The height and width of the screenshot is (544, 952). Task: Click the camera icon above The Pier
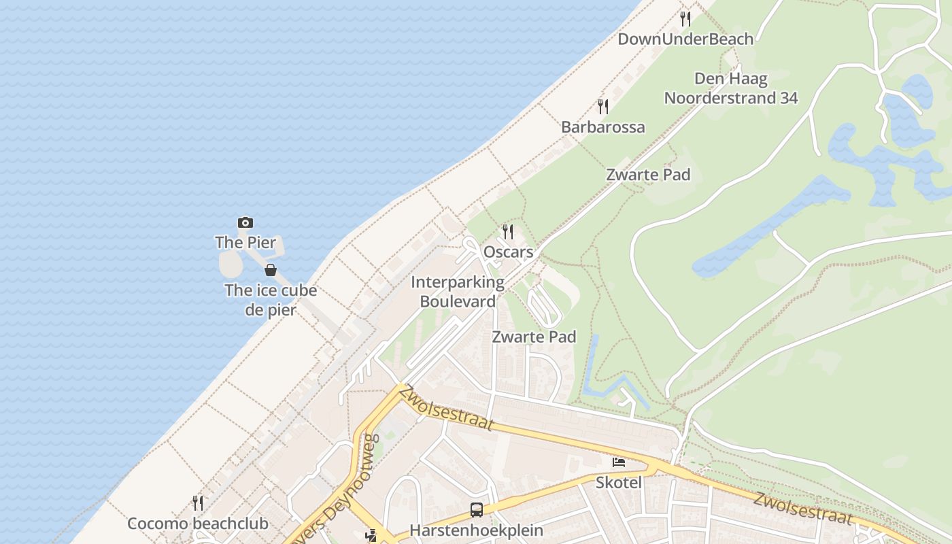click(x=245, y=222)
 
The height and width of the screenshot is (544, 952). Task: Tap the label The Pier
click(x=245, y=242)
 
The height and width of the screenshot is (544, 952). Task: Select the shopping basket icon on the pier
click(x=271, y=270)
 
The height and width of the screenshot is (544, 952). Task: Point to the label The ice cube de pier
click(x=271, y=300)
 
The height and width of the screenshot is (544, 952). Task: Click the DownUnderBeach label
click(x=685, y=39)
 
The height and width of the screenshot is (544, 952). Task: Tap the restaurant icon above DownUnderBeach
click(x=685, y=18)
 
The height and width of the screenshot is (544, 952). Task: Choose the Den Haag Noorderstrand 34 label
click(x=731, y=88)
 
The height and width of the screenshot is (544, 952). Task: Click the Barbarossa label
click(x=602, y=127)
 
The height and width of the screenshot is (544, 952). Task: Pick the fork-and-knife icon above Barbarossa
click(x=602, y=106)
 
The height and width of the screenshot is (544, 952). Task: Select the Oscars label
click(x=508, y=252)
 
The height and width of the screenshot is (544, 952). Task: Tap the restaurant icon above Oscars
click(x=508, y=232)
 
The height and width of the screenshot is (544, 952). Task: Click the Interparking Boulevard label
click(x=458, y=292)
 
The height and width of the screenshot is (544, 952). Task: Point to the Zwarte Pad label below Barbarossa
click(x=648, y=175)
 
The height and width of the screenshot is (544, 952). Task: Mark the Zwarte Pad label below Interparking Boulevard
click(x=534, y=337)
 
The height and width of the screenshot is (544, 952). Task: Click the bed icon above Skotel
click(x=619, y=462)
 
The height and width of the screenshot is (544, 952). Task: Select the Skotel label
click(x=619, y=482)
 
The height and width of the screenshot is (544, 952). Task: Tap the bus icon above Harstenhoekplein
click(x=477, y=509)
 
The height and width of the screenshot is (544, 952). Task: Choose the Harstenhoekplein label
click(x=477, y=530)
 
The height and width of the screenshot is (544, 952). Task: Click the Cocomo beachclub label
click(x=198, y=524)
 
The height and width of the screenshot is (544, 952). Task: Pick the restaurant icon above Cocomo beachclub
click(x=198, y=503)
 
